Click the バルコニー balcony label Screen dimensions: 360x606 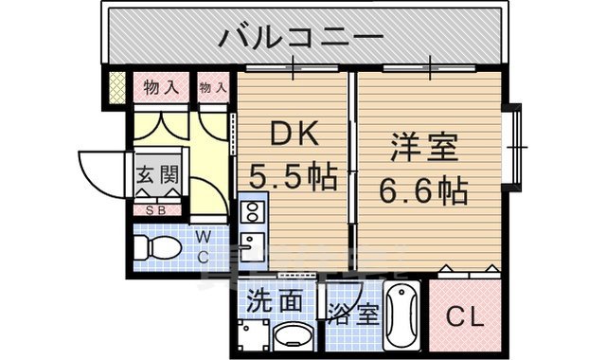point(301,39)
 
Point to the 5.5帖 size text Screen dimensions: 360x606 point(293,176)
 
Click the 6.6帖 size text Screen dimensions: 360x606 point(424,191)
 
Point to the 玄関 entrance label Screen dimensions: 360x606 point(155,175)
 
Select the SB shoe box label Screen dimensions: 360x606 point(155,211)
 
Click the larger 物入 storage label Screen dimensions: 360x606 point(161,88)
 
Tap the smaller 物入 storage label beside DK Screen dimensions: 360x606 point(213,88)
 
